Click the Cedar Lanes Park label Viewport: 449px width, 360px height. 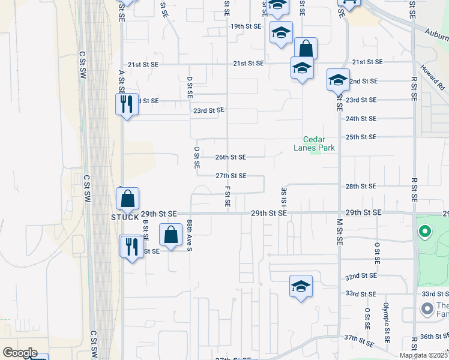(x=314, y=143)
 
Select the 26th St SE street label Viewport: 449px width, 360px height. (x=231, y=157)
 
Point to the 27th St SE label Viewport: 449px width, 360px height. (x=231, y=176)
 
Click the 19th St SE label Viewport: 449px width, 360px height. (x=246, y=26)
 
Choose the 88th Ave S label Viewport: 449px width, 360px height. (x=189, y=231)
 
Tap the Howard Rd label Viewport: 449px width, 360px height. (x=432, y=77)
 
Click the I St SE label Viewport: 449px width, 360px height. (x=283, y=198)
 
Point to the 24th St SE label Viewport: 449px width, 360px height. (x=361, y=119)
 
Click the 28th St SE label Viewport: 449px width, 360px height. (x=361, y=187)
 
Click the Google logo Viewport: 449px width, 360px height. (x=20, y=353)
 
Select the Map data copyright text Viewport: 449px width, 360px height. (x=423, y=355)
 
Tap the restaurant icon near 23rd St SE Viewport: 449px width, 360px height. (x=127, y=104)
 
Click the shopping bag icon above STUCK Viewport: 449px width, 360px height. (x=127, y=199)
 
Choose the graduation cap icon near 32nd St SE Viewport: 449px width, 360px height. (x=301, y=286)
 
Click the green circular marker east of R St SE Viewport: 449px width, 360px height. (x=425, y=231)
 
